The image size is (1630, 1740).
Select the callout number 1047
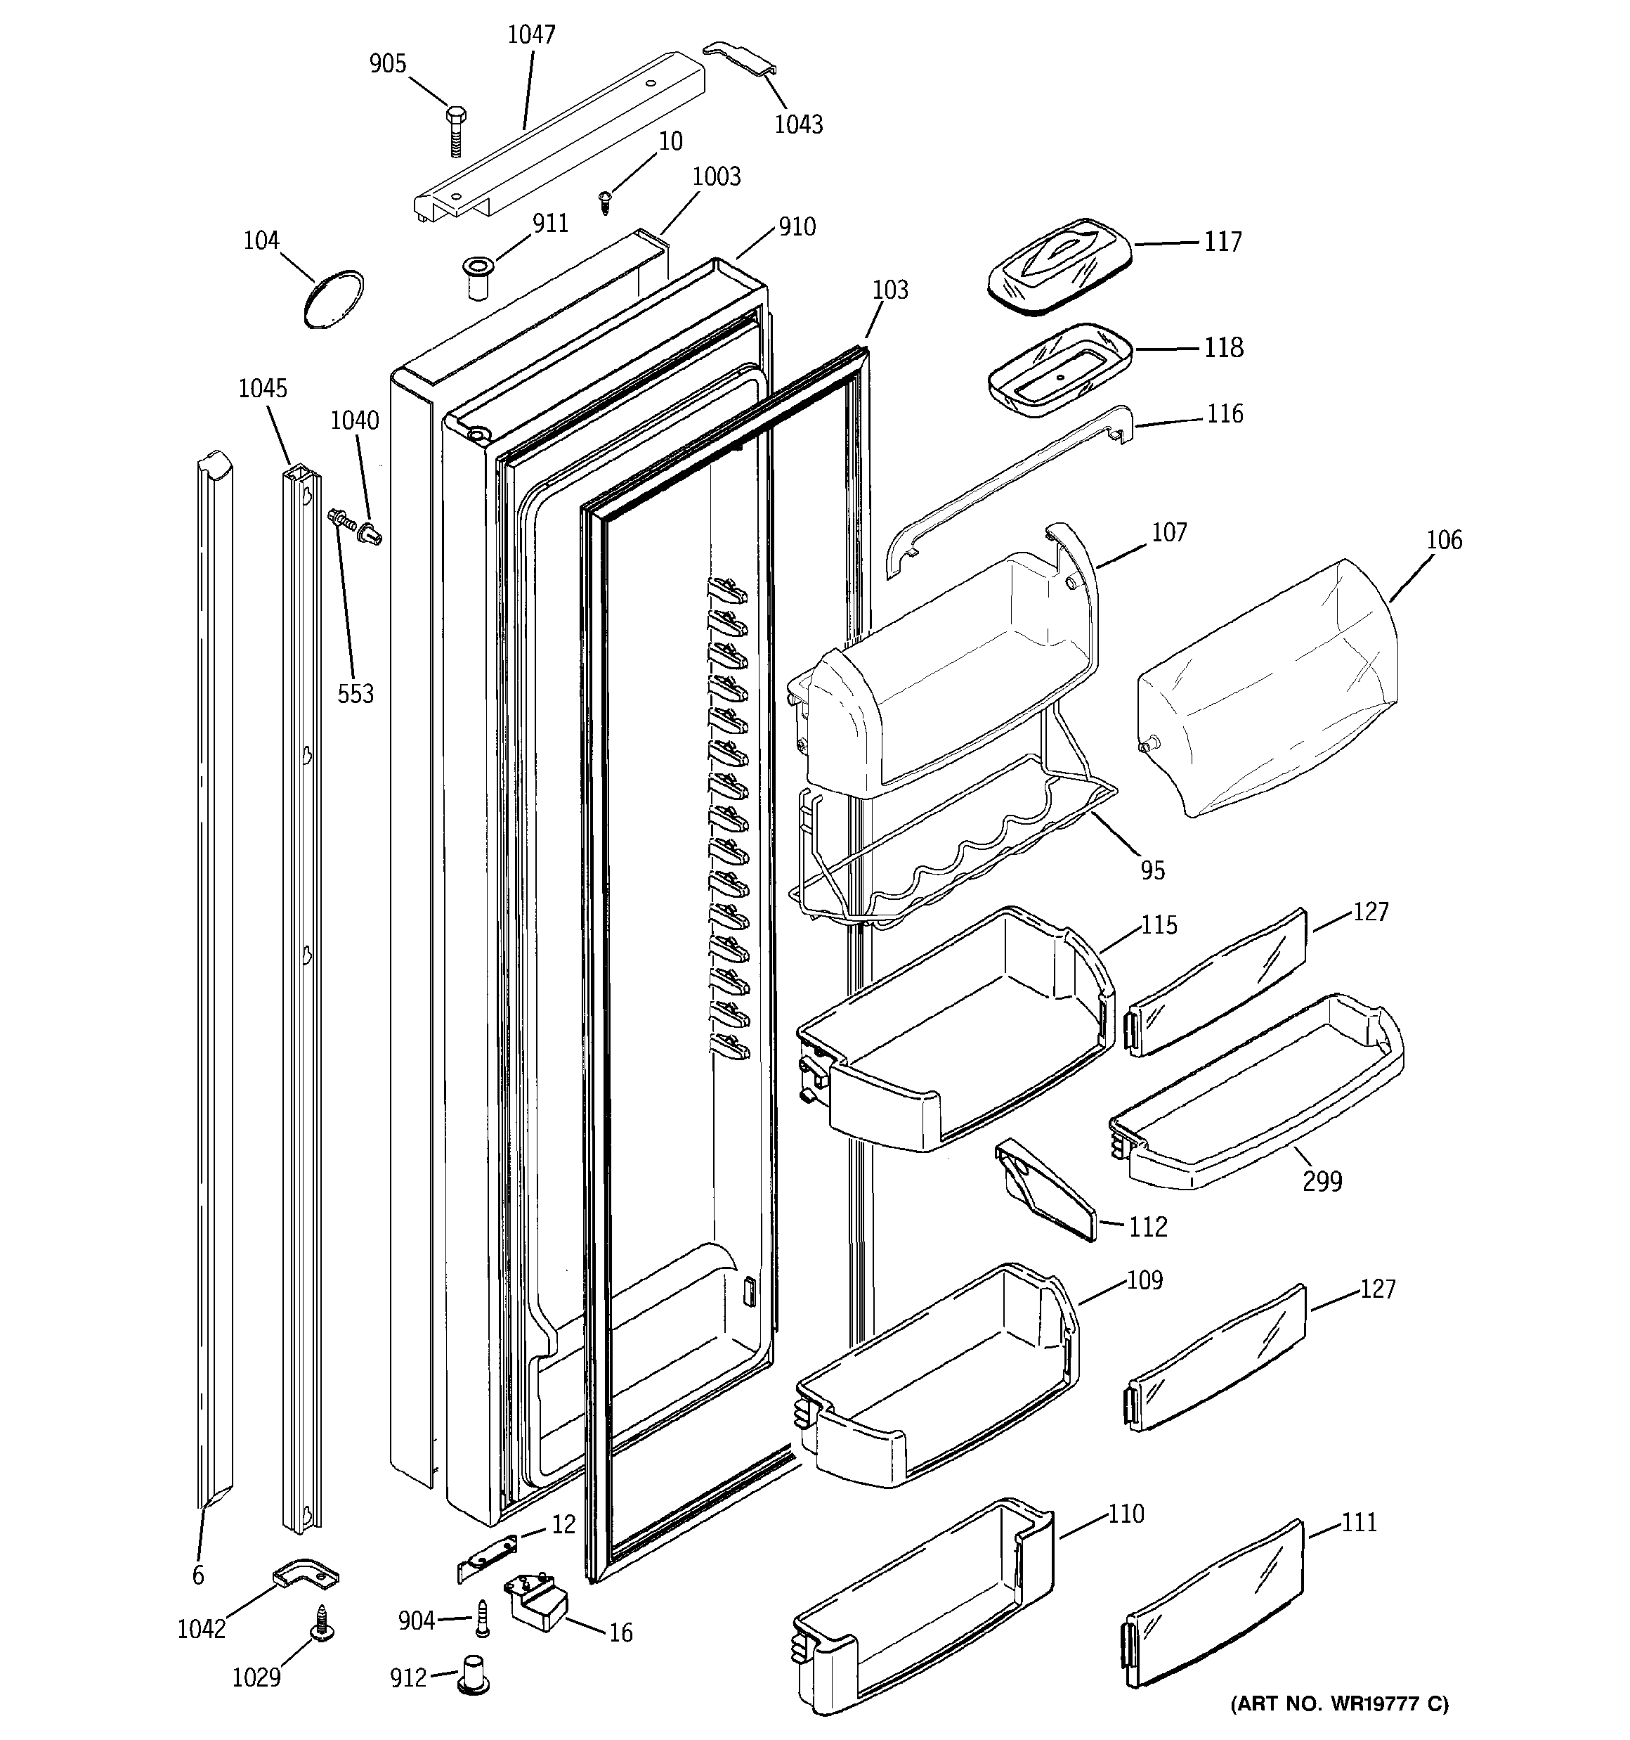531,35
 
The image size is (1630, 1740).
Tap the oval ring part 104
333,299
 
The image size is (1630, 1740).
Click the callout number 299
1322,1182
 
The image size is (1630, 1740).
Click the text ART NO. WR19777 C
1338,1704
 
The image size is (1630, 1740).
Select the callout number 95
1152,870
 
